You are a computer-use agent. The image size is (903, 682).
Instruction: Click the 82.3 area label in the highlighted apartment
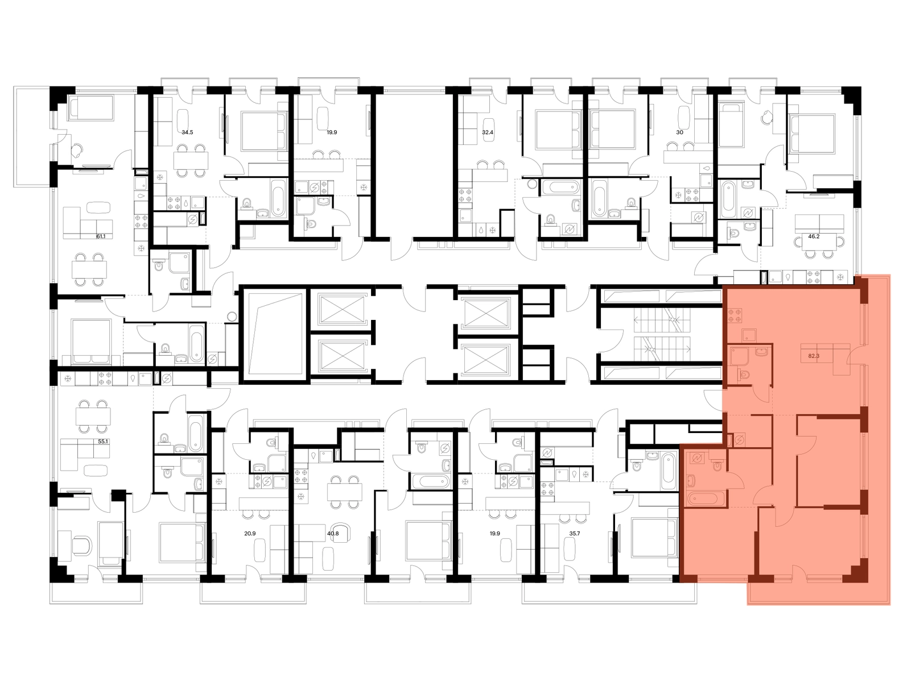click(x=814, y=356)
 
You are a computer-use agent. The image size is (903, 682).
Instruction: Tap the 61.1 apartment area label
click(x=101, y=236)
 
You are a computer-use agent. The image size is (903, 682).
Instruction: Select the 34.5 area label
click(x=187, y=132)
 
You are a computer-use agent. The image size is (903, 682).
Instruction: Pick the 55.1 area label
click(x=103, y=442)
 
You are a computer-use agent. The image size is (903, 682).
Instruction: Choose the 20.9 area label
click(x=250, y=533)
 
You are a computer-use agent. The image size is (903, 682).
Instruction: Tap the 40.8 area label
click(x=333, y=533)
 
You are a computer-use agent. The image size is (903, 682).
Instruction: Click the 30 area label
click(x=679, y=132)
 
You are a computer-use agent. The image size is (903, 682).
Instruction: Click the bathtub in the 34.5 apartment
click(x=278, y=201)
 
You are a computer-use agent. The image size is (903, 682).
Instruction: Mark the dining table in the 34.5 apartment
click(x=191, y=160)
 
